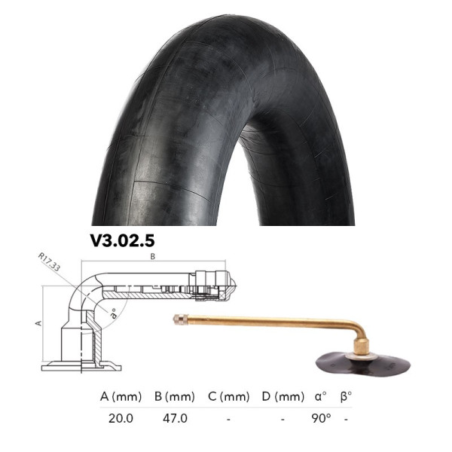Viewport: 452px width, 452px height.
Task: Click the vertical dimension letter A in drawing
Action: coord(38,322)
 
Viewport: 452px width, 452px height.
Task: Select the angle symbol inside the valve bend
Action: coord(113,311)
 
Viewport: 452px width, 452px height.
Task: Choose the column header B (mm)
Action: coord(175,395)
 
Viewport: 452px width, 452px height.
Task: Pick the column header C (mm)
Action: coord(228,395)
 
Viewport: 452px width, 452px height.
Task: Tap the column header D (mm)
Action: coord(282,395)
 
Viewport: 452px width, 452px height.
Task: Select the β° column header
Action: coord(347,395)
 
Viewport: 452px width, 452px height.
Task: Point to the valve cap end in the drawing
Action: coord(224,286)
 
